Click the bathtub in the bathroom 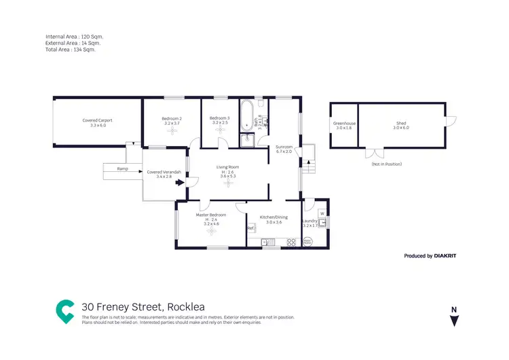click(246, 115)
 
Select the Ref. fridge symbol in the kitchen click(250, 228)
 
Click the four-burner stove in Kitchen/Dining click(293, 241)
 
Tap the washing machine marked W click(322, 213)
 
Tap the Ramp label click(122, 168)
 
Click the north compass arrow click(453, 319)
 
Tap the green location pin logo click(66, 310)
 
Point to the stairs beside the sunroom click(307, 164)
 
